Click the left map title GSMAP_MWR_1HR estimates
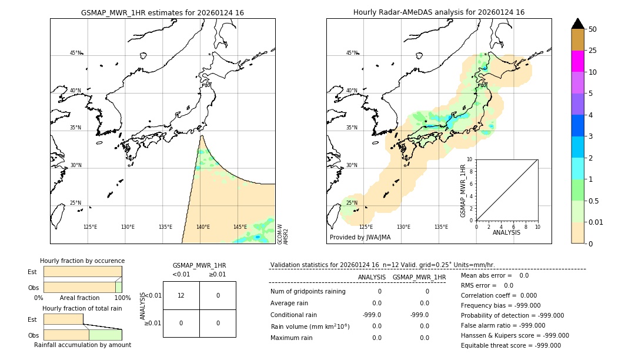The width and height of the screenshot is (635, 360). click(162, 12)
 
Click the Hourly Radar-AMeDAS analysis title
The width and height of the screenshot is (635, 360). click(439, 12)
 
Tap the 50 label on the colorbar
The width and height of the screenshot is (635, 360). click(593, 29)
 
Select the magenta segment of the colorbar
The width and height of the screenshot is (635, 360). click(577, 61)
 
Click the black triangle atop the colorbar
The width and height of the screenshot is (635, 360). click(577, 24)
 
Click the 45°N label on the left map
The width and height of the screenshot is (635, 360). click(75, 53)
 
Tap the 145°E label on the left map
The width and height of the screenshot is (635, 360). click(240, 227)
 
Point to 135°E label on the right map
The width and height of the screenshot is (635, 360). click(441, 227)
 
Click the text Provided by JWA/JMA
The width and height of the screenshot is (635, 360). click(360, 238)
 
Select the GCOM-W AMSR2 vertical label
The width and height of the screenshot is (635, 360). click(283, 234)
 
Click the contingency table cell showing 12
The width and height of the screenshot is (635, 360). click(181, 295)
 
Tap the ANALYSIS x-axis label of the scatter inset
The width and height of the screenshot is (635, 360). click(506, 232)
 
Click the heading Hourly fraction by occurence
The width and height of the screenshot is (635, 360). click(82, 261)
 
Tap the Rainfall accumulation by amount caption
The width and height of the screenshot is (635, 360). click(82, 345)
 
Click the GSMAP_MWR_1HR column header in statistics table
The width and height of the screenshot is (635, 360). click(419, 277)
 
